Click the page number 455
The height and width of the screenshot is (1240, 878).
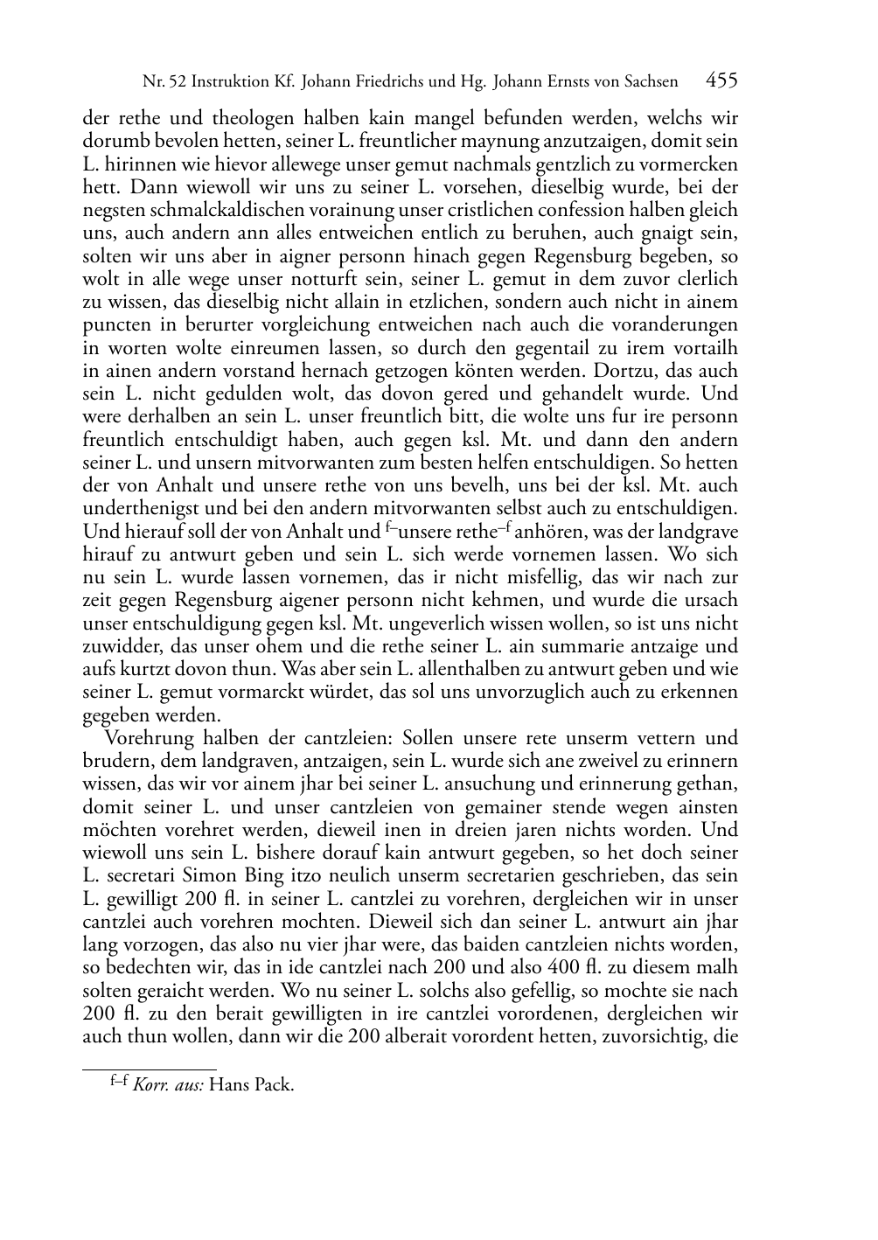point(721,80)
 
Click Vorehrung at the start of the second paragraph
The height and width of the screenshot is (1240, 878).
point(148,738)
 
